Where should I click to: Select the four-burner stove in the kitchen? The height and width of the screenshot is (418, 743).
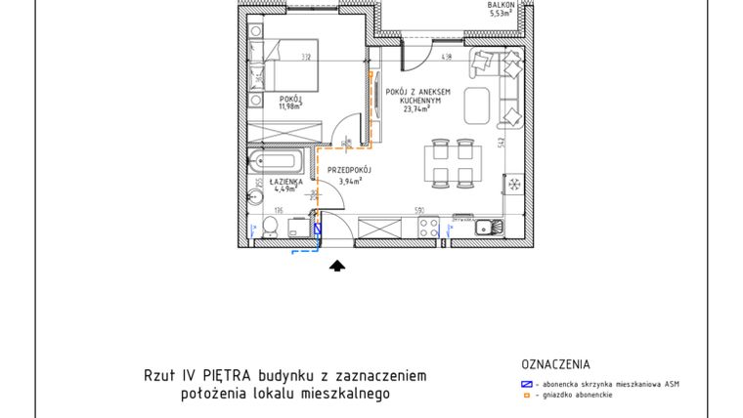pos(428,228)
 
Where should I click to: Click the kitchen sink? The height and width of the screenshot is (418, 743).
pos(487,228)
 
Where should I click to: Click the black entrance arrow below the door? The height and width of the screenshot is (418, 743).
pos(338,264)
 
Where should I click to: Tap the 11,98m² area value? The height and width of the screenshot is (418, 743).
pos(291,107)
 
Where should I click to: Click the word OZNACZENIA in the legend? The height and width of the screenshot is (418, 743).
pos(557,364)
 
